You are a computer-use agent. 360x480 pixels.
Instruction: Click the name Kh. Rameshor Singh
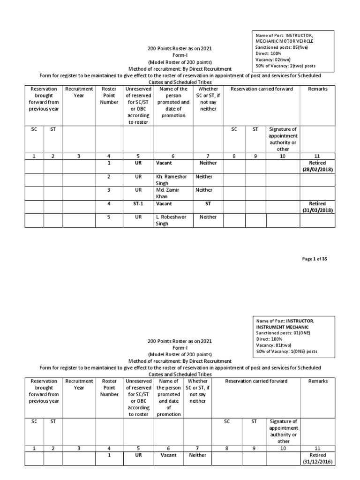(171, 180)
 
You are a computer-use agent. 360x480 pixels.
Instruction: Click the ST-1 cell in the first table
(138, 204)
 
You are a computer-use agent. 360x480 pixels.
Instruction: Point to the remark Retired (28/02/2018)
(317, 166)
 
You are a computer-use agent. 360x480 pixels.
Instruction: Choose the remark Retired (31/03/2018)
(317, 207)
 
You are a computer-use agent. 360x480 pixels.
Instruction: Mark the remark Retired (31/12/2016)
(317, 458)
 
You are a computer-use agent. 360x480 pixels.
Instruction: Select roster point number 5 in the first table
(109, 217)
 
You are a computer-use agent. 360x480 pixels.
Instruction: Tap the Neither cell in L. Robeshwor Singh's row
(208, 217)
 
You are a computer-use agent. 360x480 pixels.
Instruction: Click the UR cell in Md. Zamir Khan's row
(138, 190)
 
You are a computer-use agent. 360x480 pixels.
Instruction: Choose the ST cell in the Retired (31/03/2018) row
(208, 204)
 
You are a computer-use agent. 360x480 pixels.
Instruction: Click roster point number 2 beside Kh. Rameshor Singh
(109, 177)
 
